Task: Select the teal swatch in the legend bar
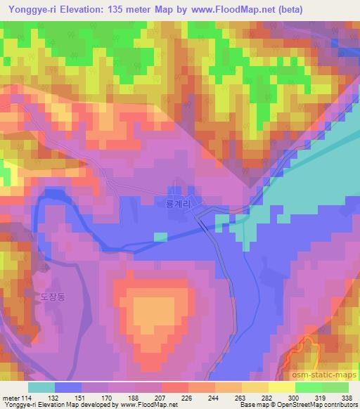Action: point(41,387)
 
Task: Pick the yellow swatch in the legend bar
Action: point(281,387)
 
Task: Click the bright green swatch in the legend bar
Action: point(308,387)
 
